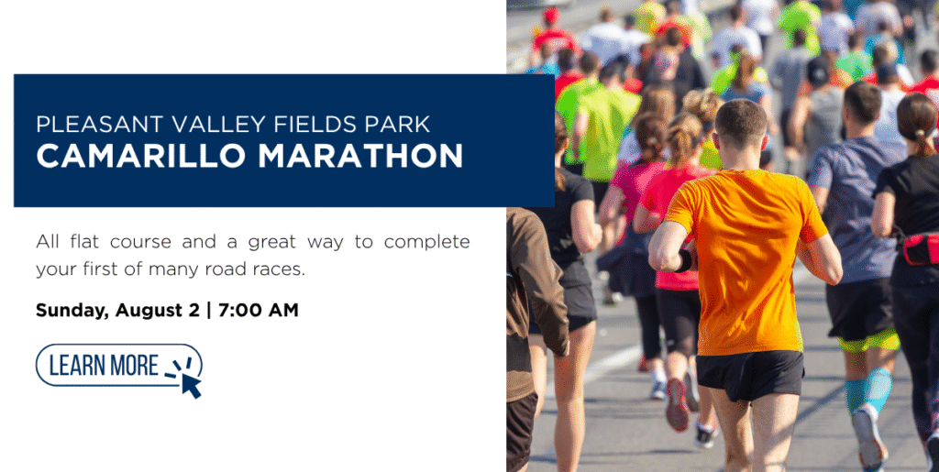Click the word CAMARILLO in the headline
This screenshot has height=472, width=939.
tap(140, 156)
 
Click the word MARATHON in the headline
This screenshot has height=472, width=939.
tap(360, 156)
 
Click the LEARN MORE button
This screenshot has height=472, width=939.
tap(119, 365)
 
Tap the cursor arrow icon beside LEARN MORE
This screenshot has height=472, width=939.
tap(191, 385)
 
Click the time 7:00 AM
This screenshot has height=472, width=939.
tap(258, 311)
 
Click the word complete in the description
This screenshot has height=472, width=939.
tap(427, 243)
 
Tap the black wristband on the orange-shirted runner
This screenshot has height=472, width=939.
tap(684, 261)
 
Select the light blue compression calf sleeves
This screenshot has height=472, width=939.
tap(867, 390)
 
